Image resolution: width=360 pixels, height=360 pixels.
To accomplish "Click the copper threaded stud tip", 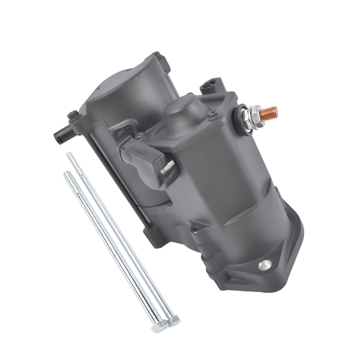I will [x=269, y=112].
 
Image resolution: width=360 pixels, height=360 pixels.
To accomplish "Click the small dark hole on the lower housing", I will [x=194, y=228].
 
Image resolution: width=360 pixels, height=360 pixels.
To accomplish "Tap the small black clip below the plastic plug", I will [x=169, y=167].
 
